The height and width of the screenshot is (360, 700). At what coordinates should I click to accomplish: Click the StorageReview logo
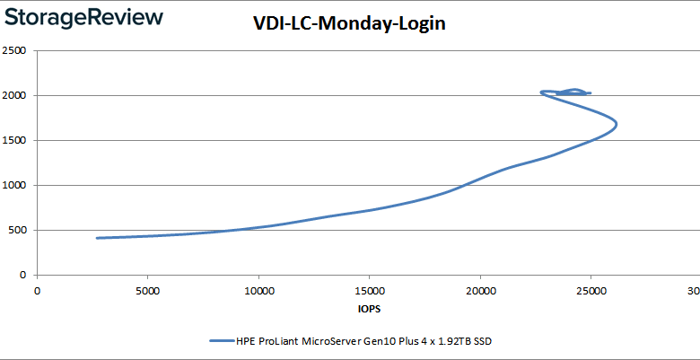83,17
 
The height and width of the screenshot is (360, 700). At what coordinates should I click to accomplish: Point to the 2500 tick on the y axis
13,50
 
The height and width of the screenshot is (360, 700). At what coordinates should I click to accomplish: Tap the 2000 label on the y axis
13,95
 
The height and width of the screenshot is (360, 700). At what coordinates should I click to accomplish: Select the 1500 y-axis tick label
13,140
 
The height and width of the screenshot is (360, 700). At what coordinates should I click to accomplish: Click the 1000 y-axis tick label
13,185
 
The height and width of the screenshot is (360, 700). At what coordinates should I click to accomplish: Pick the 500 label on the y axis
16,230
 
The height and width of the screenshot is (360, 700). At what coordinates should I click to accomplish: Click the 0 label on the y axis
22,275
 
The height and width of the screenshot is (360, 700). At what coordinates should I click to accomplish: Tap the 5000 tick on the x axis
148,290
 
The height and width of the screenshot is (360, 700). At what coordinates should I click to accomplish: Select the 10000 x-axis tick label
258,290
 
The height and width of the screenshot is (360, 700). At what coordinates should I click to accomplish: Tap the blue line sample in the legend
221,341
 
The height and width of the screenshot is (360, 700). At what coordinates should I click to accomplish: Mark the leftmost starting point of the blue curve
97,238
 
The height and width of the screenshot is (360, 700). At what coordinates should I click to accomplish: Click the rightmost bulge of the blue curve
617,123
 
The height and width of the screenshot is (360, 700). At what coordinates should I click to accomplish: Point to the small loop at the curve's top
571,92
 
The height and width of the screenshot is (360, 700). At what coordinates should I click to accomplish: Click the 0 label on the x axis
38,290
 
